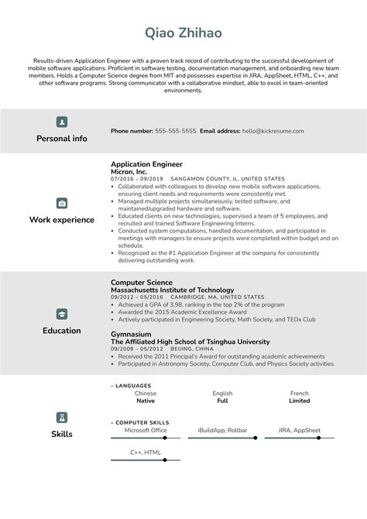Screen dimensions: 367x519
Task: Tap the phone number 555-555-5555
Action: click(x=175, y=132)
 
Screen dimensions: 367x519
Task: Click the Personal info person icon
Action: click(x=62, y=122)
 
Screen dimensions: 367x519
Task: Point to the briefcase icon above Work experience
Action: click(x=62, y=203)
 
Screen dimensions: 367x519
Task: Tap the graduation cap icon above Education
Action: click(x=62, y=314)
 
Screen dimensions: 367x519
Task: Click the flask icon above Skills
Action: click(x=62, y=417)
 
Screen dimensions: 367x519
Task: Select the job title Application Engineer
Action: click(x=146, y=164)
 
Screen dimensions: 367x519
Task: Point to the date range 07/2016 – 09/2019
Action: click(x=137, y=179)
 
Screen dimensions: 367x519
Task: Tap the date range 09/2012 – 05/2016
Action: click(x=137, y=297)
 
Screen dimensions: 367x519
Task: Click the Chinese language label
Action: click(x=146, y=394)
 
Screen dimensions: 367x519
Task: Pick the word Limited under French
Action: click(x=300, y=401)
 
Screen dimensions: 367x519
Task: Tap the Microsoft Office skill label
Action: click(x=146, y=430)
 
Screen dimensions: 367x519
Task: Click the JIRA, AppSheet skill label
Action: click(x=300, y=430)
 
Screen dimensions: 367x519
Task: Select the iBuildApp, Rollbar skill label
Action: click(x=222, y=430)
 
